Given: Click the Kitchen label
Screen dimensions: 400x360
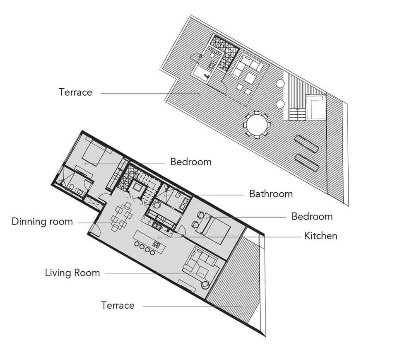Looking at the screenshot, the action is (320, 236).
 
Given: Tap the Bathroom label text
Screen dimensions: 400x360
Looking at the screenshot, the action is (271, 194).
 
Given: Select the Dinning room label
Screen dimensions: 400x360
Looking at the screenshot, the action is (42, 222).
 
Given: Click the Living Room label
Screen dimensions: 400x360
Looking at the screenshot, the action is (72, 273).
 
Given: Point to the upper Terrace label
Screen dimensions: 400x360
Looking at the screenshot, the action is (75, 92).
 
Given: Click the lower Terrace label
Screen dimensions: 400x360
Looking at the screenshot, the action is (118, 305).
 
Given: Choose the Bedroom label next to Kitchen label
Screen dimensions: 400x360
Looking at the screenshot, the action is (312, 216).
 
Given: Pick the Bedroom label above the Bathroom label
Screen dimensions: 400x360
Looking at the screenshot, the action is (191, 162).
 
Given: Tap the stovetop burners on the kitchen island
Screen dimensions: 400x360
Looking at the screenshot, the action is (156, 245).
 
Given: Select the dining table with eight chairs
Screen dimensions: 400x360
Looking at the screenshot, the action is (121, 216).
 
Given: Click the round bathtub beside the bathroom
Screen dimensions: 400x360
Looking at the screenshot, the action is (156, 205).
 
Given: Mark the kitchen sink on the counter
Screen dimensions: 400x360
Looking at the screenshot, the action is (156, 225).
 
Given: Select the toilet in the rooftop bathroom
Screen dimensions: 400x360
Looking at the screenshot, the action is (212, 55).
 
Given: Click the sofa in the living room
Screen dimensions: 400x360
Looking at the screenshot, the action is (202, 264).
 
